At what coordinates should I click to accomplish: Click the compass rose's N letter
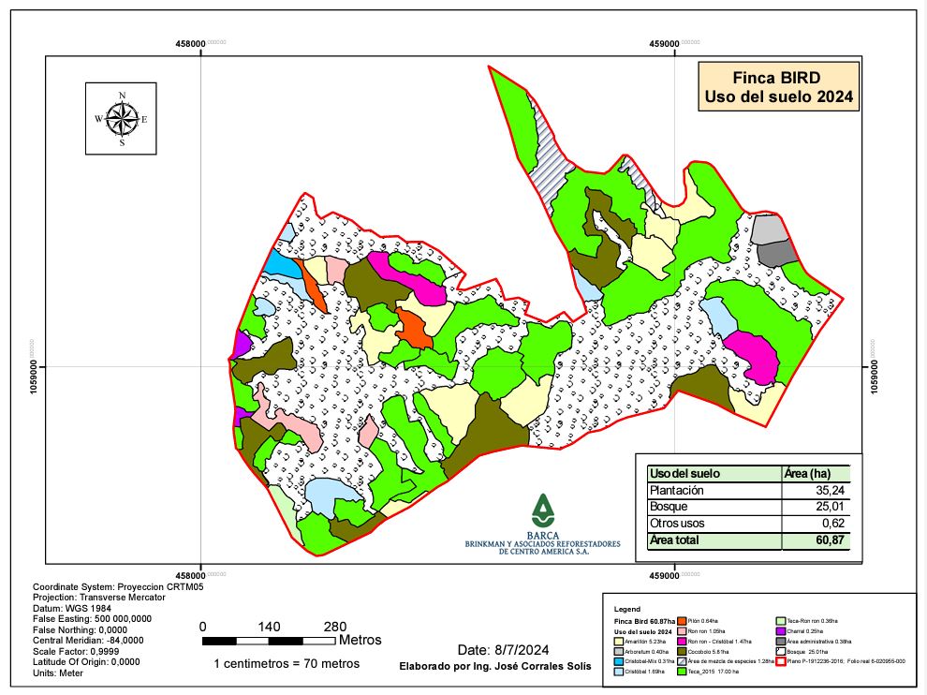(x=122, y=96)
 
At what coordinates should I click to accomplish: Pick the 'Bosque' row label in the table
(x=669, y=507)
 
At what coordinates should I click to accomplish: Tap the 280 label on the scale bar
(x=334, y=627)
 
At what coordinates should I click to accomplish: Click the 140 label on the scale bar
(x=269, y=627)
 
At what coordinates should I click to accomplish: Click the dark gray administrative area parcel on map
(x=776, y=252)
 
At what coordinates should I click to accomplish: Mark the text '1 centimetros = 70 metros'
(x=287, y=663)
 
